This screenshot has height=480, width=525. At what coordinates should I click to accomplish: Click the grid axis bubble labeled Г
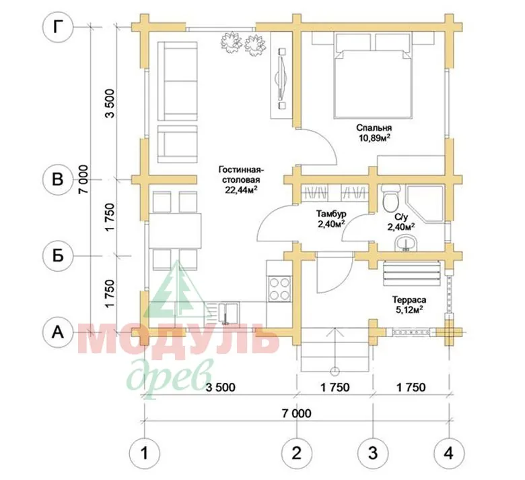59,28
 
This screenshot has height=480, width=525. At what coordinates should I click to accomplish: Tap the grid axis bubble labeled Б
59,256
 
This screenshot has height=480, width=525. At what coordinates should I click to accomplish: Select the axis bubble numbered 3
373,454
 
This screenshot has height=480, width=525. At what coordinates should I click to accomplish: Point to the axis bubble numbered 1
145,454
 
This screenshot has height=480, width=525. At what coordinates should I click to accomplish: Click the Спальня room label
374,128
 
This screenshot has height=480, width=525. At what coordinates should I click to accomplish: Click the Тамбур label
331,214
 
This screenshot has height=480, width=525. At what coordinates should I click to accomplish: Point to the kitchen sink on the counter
229,313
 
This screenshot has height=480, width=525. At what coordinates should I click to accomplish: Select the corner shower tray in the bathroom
425,204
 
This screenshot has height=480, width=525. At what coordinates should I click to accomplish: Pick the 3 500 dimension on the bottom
220,388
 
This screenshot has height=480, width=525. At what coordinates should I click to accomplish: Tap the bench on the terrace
411,273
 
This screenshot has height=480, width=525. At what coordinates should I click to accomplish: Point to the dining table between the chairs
175,231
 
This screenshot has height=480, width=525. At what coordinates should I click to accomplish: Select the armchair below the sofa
178,144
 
